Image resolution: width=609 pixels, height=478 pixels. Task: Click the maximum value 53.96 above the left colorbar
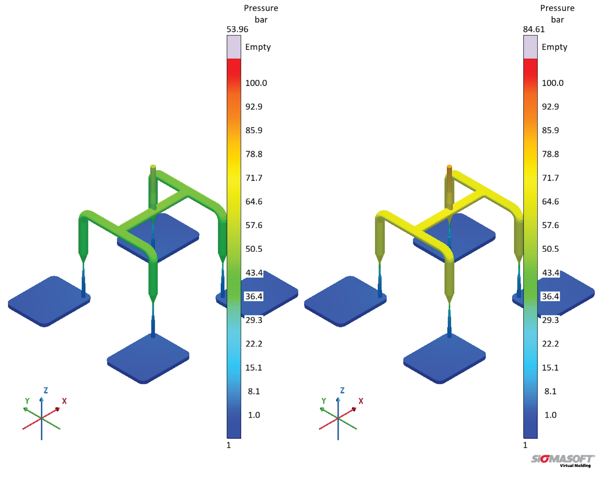tap(237, 29)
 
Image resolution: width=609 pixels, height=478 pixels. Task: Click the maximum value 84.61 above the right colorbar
tap(534, 29)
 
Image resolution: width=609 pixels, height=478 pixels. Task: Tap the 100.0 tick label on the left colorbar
tap(256, 83)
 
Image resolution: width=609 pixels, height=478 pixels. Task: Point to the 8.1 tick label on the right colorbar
tap(550, 391)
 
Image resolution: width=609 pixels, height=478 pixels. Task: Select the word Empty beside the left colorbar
tap(258, 47)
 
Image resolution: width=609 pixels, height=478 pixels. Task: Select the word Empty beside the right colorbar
tap(554, 47)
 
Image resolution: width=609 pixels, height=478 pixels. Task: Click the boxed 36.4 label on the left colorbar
tap(254, 296)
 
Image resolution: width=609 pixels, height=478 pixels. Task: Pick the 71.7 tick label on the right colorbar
tap(550, 178)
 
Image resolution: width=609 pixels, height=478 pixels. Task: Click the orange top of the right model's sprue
tap(449, 167)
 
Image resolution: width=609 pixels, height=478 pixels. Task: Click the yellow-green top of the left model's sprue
tap(153, 167)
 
